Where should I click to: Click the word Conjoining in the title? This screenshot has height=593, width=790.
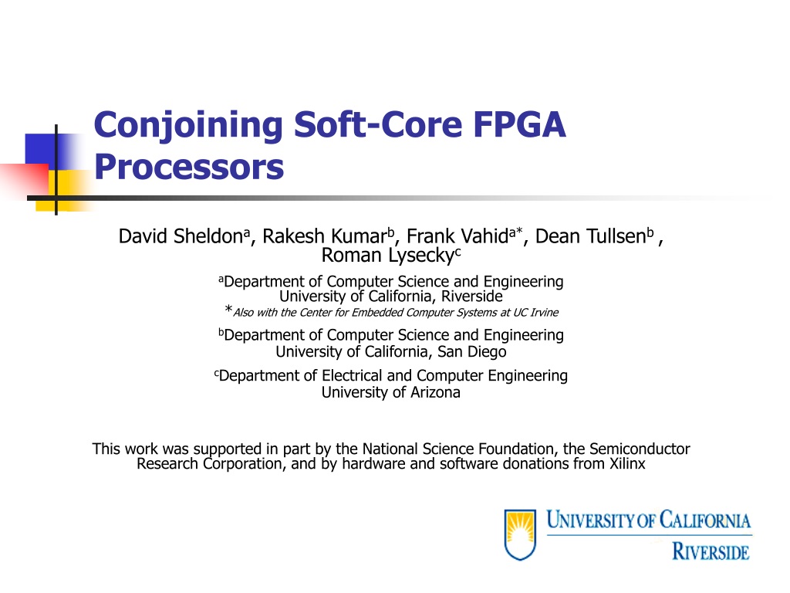(x=188, y=126)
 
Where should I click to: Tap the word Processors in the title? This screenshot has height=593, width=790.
(x=189, y=167)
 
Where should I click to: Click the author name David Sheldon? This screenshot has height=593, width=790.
(x=181, y=236)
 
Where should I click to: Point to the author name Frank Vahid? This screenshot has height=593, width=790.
(x=457, y=236)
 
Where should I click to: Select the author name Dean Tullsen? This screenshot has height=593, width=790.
(x=590, y=236)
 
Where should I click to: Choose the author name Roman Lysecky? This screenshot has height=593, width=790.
(x=388, y=256)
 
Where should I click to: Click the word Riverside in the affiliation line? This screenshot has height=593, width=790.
(x=472, y=296)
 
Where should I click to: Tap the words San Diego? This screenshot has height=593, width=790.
(x=471, y=351)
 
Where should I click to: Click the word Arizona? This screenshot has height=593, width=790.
(x=435, y=391)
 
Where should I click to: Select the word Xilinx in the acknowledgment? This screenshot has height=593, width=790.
(x=627, y=463)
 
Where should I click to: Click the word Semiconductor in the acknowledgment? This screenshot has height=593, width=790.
(x=640, y=449)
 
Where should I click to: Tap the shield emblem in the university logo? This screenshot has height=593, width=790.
(x=520, y=534)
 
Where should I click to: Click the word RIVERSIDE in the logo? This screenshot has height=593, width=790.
(x=711, y=551)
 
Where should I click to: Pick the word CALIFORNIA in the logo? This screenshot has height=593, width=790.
(x=705, y=520)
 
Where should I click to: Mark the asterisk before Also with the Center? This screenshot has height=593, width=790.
(x=228, y=309)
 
